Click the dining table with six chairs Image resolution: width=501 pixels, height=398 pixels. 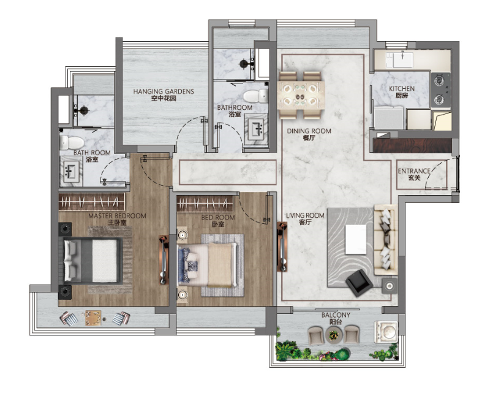point(301,95)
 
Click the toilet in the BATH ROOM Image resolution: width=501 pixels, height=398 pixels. point(72,142)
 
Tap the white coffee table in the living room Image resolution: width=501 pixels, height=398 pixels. point(356,239)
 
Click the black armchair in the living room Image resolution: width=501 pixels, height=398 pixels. point(359,283)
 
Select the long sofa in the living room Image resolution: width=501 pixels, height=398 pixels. point(386,240)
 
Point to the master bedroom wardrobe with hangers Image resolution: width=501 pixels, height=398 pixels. point(92,202)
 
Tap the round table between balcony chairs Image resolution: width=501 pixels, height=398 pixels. point(334,335)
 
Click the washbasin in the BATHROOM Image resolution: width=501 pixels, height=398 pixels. point(256,129)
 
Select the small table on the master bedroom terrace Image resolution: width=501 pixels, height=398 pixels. point(93,318)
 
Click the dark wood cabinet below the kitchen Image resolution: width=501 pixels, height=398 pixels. point(412,145)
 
